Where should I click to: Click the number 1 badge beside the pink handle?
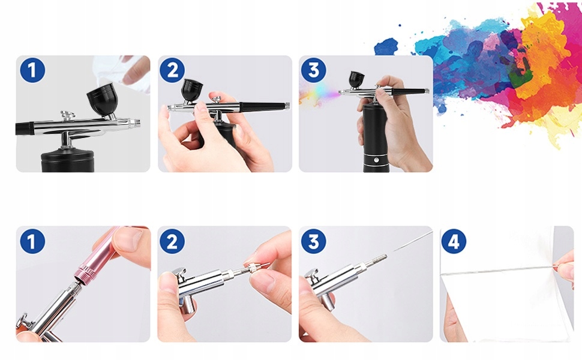click(x=32, y=242)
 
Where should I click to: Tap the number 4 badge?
click(x=454, y=242)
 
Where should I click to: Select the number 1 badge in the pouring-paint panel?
click(x=32, y=70)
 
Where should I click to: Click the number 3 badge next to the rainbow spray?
click(x=314, y=70)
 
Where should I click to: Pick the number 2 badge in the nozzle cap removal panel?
click(x=172, y=242)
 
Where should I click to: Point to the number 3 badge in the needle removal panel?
click(x=314, y=242)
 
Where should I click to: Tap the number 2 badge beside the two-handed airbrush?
click(x=172, y=70)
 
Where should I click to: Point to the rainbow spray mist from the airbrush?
click(x=320, y=93)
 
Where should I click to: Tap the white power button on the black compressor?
click(x=376, y=160)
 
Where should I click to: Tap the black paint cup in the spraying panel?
click(x=356, y=80)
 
